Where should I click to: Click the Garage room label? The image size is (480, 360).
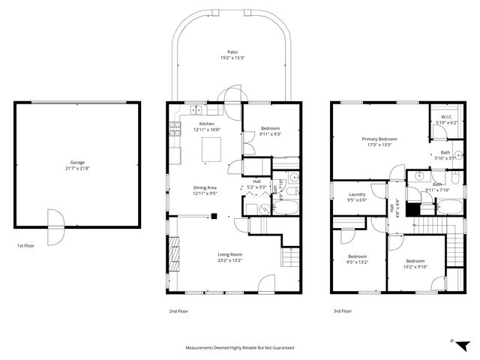click(77, 162)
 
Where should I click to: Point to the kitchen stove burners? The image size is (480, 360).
click(175, 127)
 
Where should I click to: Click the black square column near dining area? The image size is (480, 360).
click(214, 217)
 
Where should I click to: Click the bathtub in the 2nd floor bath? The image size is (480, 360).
click(286, 205)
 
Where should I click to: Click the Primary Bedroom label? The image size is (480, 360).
click(379, 139)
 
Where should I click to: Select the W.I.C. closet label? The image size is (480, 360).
click(445, 117)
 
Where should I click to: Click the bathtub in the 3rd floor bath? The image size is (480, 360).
click(452, 207)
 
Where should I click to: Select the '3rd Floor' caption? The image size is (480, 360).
click(343, 310)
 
